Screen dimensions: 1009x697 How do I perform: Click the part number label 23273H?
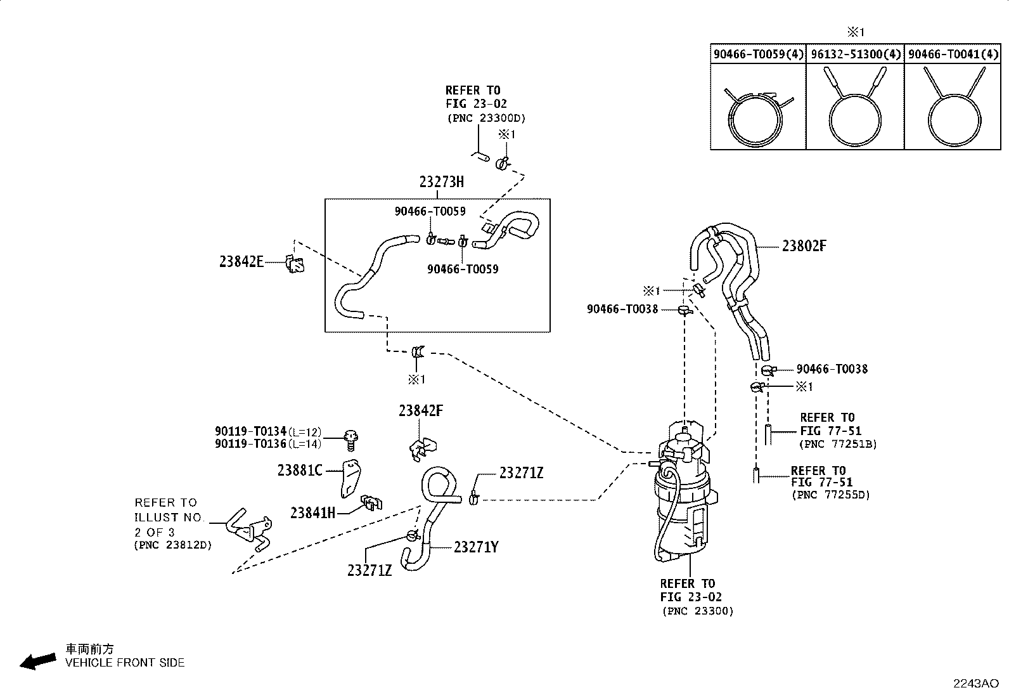click(x=441, y=181)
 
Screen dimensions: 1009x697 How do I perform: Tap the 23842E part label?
click(x=241, y=261)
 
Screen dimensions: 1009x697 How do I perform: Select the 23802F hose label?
click(x=804, y=245)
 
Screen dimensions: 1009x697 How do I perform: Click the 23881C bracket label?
click(x=300, y=471)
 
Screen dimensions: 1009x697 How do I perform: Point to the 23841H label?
click(x=312, y=513)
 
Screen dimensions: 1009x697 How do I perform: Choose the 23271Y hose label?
click(x=476, y=547)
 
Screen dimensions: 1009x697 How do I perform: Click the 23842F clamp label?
click(x=421, y=411)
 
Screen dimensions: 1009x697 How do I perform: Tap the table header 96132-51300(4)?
click(x=856, y=54)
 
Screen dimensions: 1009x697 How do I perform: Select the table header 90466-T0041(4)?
click(x=953, y=54)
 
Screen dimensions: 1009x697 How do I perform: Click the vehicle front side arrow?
click(x=38, y=661)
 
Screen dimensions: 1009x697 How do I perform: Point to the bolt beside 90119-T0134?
click(x=351, y=441)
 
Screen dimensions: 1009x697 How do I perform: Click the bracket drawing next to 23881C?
click(x=350, y=478)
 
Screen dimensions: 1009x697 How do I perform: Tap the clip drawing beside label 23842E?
click(x=295, y=264)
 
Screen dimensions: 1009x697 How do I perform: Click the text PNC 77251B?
click(x=839, y=444)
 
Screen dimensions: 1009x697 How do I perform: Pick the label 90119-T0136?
click(x=250, y=443)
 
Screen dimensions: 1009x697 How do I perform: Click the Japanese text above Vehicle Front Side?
click(x=89, y=649)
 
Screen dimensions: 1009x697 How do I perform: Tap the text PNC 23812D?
click(x=173, y=545)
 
